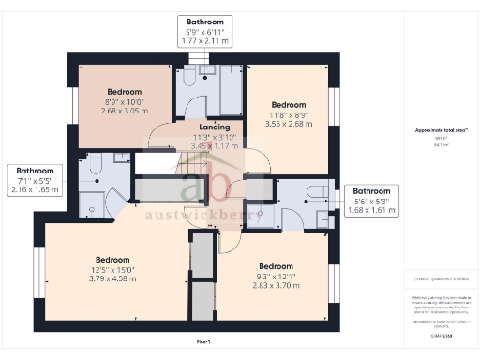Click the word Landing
coord(215,127)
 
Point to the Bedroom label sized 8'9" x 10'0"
coord(125,92)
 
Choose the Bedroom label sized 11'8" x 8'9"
coord(289,104)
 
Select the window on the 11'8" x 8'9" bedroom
coord(333,104)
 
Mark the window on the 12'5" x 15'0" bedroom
coord(39,268)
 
